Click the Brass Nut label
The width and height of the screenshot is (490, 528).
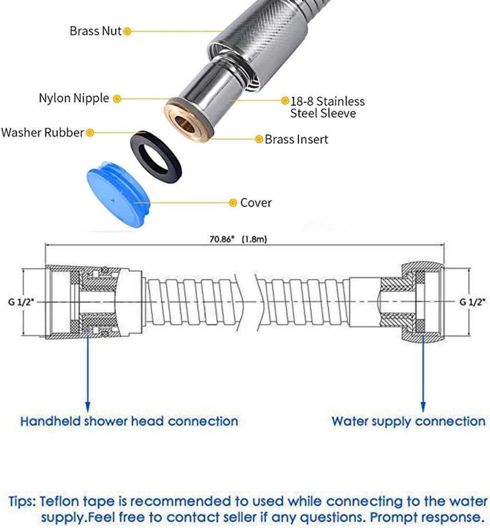click(x=95, y=31)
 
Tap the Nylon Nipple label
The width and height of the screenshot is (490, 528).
click(x=74, y=98)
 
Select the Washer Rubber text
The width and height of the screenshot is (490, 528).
click(x=42, y=132)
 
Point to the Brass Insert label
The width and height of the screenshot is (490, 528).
click(x=296, y=140)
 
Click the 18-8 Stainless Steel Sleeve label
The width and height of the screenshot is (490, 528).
click(x=327, y=107)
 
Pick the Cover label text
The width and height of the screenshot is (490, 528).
click(x=256, y=203)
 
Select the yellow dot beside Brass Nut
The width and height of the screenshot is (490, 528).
click(x=127, y=32)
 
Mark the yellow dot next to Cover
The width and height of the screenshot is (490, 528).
click(x=233, y=203)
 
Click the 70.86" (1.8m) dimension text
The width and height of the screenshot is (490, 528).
click(x=238, y=240)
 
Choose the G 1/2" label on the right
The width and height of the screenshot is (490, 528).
click(x=473, y=302)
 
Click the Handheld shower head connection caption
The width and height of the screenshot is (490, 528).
click(x=129, y=421)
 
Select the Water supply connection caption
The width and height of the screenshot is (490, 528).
click(x=409, y=422)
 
